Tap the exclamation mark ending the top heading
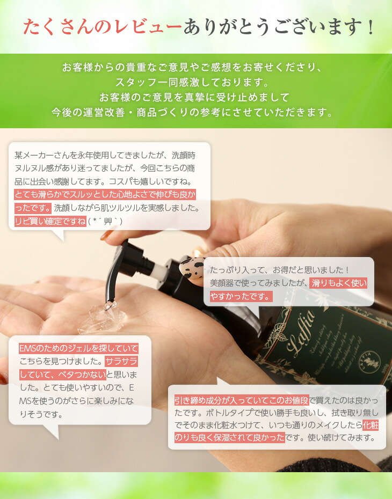click(369, 27)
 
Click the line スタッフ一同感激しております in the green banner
click(191, 83)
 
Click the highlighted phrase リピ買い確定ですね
click(50, 221)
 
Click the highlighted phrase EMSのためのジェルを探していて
click(78, 348)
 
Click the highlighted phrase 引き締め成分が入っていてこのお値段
click(241, 400)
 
